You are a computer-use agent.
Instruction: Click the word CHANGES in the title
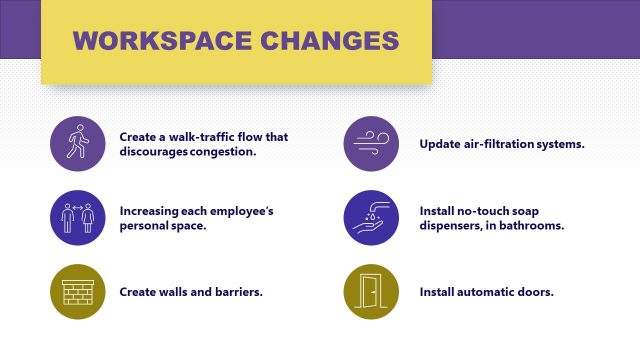(327, 41)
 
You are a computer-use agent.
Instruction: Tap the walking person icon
(77, 143)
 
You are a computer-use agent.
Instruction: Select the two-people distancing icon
(77, 217)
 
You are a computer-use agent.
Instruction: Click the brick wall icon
(77, 291)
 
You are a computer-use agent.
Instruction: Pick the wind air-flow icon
(371, 143)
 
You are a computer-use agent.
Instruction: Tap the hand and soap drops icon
(371, 217)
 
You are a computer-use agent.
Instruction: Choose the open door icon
(371, 291)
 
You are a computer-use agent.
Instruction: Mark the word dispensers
(455, 226)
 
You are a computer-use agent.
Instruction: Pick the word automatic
(490, 292)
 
